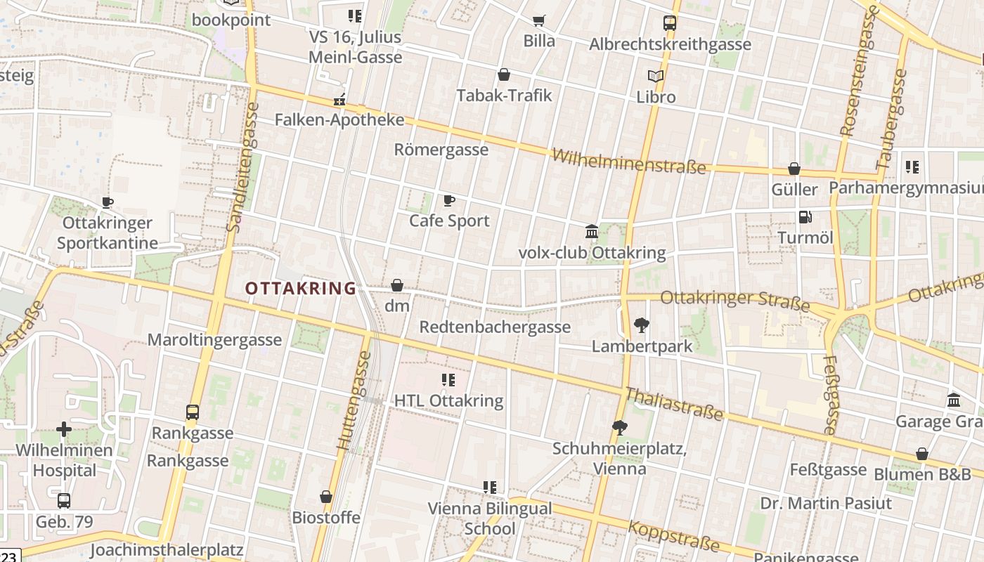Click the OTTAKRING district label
[x=301, y=288]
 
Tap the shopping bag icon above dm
[x=397, y=285]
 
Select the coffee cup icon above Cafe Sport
[x=449, y=201]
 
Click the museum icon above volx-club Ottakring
[x=592, y=231]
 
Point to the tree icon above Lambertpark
[x=641, y=325]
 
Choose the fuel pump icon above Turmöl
[x=805, y=217]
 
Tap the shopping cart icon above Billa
[x=539, y=20]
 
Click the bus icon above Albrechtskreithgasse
[x=670, y=23]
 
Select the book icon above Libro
[x=656, y=76]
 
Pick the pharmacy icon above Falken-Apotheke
[x=339, y=100]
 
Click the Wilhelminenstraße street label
[x=628, y=161]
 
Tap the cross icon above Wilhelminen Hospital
[x=64, y=429]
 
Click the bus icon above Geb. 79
[x=64, y=501]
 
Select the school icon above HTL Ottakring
[x=448, y=380]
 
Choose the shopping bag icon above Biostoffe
[x=326, y=497]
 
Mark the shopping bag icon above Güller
[x=794, y=169]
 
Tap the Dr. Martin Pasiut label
[x=826, y=503]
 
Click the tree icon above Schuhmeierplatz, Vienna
[x=619, y=427]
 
